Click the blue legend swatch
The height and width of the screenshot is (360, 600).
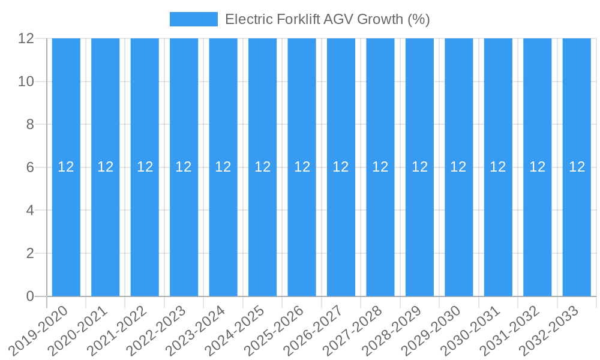(193, 19)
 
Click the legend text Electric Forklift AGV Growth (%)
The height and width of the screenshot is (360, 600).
(327, 19)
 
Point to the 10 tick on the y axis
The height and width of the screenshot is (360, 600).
(26, 82)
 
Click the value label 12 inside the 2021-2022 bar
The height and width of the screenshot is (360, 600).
(145, 167)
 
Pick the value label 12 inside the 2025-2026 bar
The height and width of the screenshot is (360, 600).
(302, 167)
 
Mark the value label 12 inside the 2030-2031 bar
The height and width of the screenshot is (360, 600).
(498, 167)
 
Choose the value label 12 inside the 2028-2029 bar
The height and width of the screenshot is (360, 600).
(419, 167)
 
